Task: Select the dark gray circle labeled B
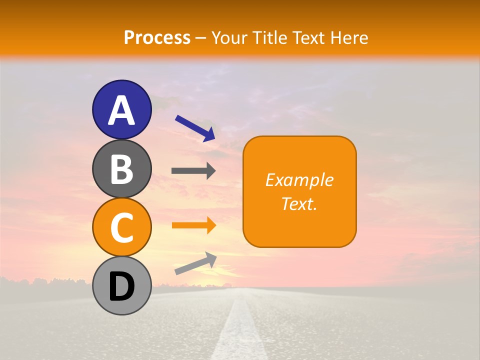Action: (x=121, y=168)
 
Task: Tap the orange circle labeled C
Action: (x=121, y=227)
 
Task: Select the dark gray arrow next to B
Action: (x=193, y=171)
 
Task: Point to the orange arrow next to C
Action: (x=194, y=225)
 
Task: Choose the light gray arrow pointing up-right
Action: (x=195, y=263)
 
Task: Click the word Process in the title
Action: (x=157, y=37)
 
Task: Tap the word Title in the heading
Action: (x=271, y=37)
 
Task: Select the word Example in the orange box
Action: (x=299, y=180)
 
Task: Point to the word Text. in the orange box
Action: (x=299, y=203)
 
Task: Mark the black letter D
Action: (x=121, y=287)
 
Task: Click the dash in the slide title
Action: (x=201, y=38)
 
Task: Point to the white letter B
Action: (x=121, y=169)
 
